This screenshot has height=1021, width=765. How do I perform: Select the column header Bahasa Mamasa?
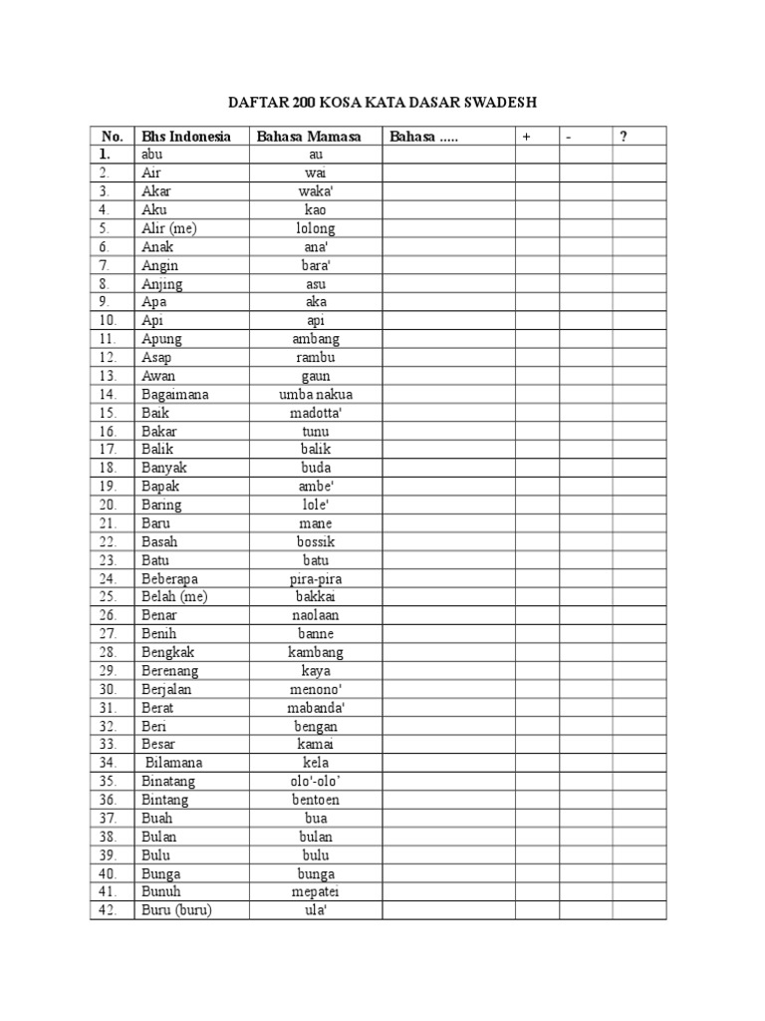click(308, 137)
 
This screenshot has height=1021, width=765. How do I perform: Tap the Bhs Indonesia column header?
click(186, 137)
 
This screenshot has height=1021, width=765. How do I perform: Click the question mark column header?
click(624, 137)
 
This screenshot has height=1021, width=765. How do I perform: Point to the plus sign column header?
click(526, 137)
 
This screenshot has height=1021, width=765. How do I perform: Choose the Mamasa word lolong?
click(316, 228)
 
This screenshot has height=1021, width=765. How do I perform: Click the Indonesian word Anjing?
click(162, 284)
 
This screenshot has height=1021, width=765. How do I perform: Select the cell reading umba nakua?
click(316, 395)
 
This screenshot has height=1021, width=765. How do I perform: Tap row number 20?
click(110, 506)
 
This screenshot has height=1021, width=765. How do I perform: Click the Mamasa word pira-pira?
click(316, 578)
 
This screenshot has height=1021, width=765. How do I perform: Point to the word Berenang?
click(170, 671)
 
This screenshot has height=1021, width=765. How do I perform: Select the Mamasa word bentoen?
click(316, 800)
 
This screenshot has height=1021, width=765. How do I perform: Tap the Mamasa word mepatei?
click(316, 892)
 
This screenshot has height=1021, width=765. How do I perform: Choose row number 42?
click(110, 910)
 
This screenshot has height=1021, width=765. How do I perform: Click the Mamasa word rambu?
click(316, 358)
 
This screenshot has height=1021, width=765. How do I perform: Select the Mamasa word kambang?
click(316, 652)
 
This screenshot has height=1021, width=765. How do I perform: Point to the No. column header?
click(112, 137)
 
